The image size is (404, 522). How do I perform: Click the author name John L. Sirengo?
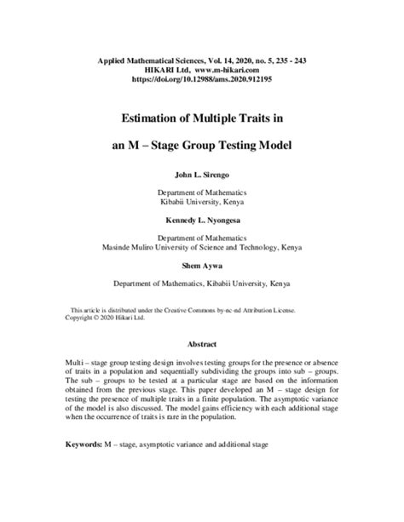tap(201, 175)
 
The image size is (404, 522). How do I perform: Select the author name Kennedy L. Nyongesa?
tap(201, 219)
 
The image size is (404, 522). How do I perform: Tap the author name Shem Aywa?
tap(201, 263)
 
